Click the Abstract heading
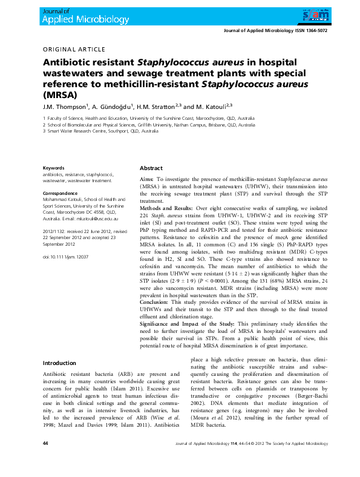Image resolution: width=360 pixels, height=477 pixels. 151,168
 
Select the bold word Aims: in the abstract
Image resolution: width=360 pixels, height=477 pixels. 146,180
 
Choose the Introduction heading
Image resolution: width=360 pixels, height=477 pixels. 59,363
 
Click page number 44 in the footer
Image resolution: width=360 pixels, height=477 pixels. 45,461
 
